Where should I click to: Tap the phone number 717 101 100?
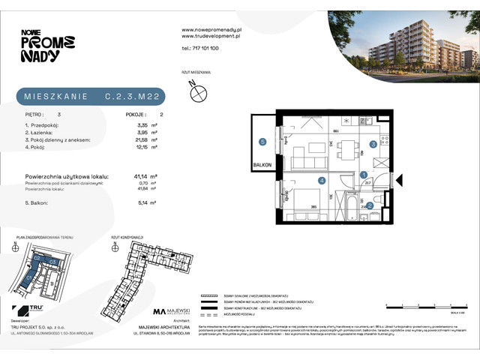tap(200, 47)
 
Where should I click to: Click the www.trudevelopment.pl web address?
tap(211, 35)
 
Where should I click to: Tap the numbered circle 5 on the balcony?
tap(262, 142)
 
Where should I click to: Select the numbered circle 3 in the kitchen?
tap(373, 145)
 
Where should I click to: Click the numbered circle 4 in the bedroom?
tap(321, 180)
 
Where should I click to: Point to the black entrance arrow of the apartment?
tap(399, 181)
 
